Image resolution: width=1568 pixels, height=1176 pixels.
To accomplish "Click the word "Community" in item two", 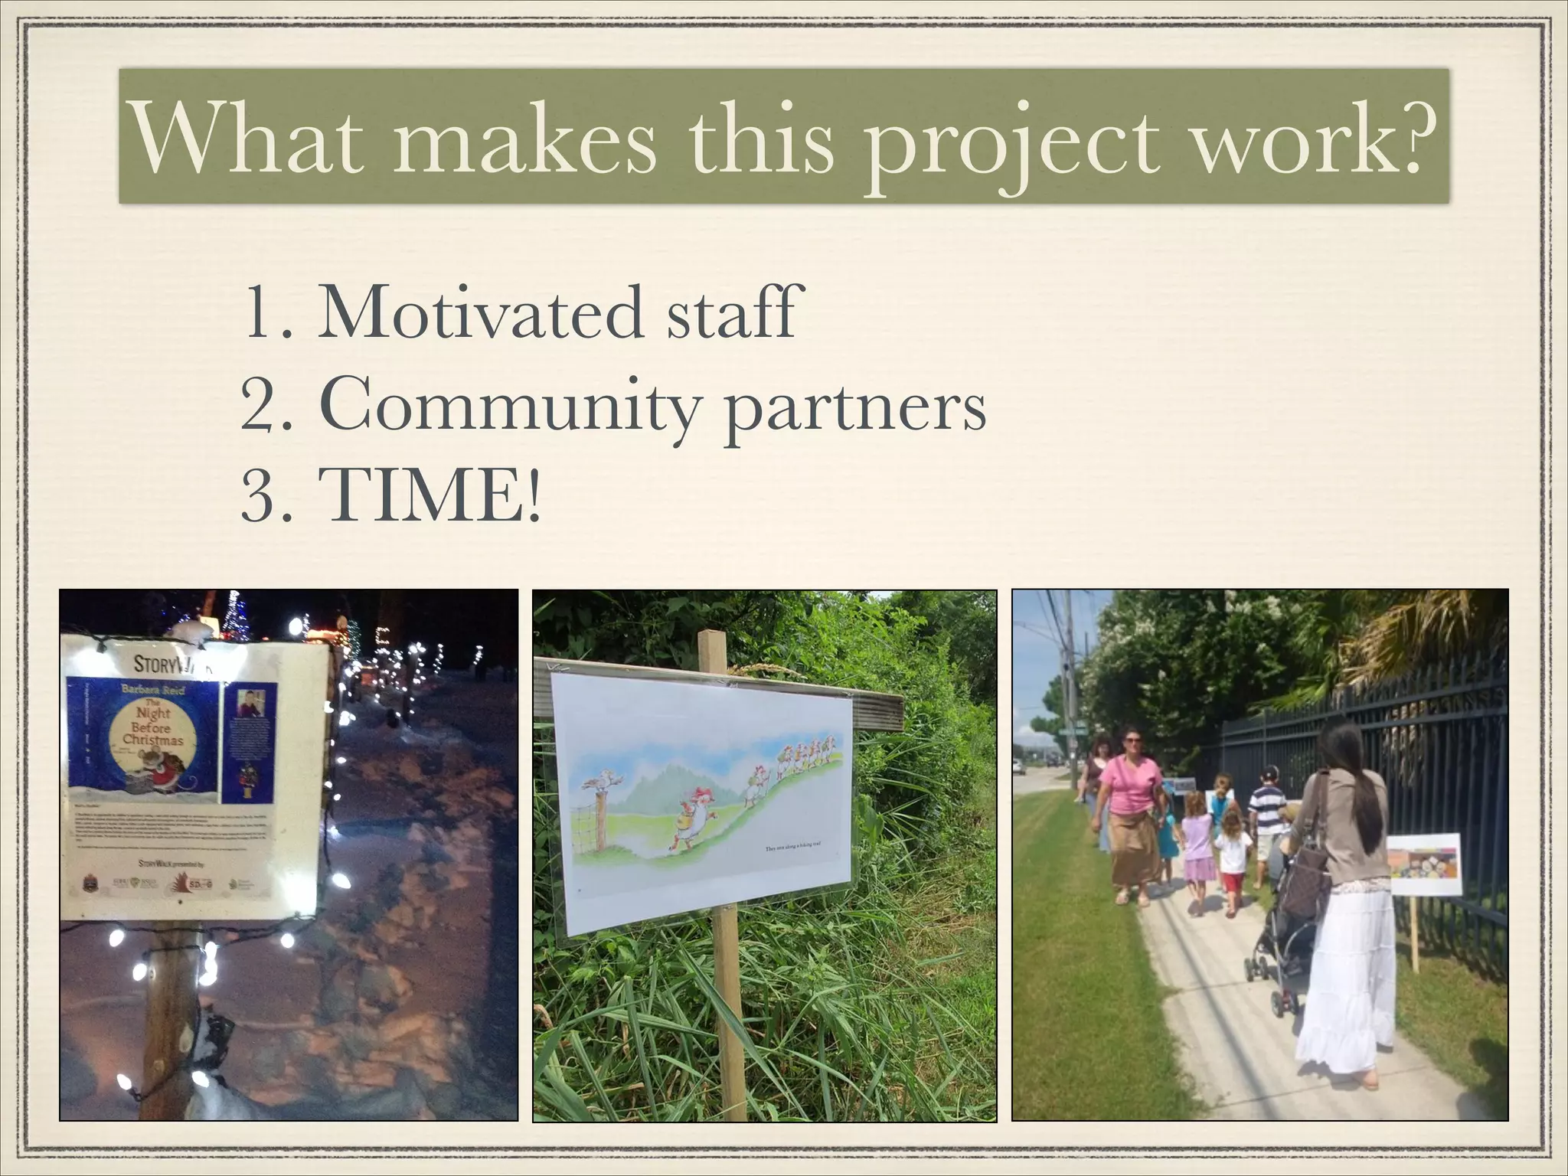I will (510, 407).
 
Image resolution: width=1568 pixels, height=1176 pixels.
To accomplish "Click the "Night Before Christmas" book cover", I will (141, 739).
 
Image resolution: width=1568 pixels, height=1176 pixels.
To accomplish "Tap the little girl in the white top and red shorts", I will (1231, 861).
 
